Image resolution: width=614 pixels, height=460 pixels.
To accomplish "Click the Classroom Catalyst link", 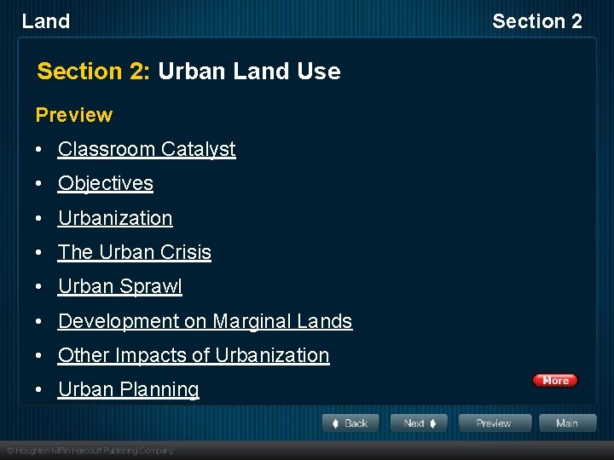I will pos(147,149).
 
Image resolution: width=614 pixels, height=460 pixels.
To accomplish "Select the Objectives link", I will pos(106,183).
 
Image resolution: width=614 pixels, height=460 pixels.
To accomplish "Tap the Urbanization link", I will pos(115,218).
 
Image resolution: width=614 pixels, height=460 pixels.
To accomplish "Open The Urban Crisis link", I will pos(135,252).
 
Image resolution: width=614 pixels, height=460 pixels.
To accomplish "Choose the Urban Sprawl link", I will pos(120,287).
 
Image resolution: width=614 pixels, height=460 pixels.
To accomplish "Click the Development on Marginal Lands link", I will pos(205,321).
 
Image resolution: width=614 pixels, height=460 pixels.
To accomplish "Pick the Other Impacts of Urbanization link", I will pos(194,355).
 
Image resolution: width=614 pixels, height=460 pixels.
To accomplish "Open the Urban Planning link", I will pos(129,389).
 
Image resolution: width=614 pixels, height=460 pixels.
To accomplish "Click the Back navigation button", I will pos(350,423).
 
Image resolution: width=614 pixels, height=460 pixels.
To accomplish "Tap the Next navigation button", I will pos(419,423).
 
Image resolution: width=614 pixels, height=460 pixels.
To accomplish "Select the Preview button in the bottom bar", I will pos(494,423).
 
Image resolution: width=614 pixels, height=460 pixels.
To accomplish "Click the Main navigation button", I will pos(566,423).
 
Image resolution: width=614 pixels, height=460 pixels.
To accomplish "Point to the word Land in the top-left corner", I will pos(46,21).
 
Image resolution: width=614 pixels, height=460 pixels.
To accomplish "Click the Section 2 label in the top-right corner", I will pos(537,21).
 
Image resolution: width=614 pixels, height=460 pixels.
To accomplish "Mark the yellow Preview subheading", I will pos(74,115).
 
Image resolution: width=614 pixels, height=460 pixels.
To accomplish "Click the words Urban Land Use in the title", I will pos(249,72).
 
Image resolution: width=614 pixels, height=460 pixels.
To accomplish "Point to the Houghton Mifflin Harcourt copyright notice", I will pos(90,450).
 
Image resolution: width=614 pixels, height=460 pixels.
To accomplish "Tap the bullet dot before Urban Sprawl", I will pos(40,287).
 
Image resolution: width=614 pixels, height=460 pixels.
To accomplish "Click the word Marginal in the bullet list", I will pos(252,321).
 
